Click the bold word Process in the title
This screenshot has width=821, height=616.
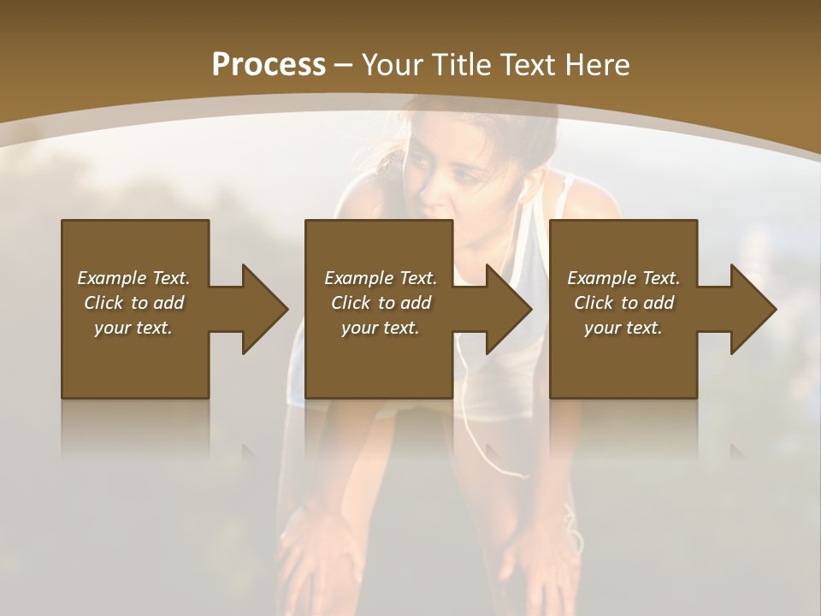[269, 65]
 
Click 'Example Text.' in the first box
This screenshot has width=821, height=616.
[133, 278]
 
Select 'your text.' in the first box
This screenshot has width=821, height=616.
[133, 328]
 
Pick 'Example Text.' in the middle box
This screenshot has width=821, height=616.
[381, 278]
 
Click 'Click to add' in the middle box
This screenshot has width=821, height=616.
[381, 303]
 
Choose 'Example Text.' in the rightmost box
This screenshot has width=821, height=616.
[623, 278]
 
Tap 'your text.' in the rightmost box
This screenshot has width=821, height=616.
[623, 328]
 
